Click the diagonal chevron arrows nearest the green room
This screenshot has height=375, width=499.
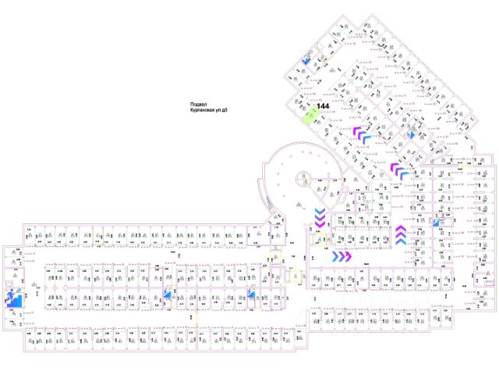[x=361, y=134]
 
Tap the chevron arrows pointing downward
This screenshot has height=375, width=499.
[x=320, y=219]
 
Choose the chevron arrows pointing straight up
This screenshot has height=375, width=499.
[x=399, y=234]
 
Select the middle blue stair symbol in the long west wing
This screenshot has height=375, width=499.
[x=167, y=295]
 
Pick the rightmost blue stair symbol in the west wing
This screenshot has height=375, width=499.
[x=251, y=295]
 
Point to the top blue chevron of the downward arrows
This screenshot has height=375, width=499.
[x=320, y=212]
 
